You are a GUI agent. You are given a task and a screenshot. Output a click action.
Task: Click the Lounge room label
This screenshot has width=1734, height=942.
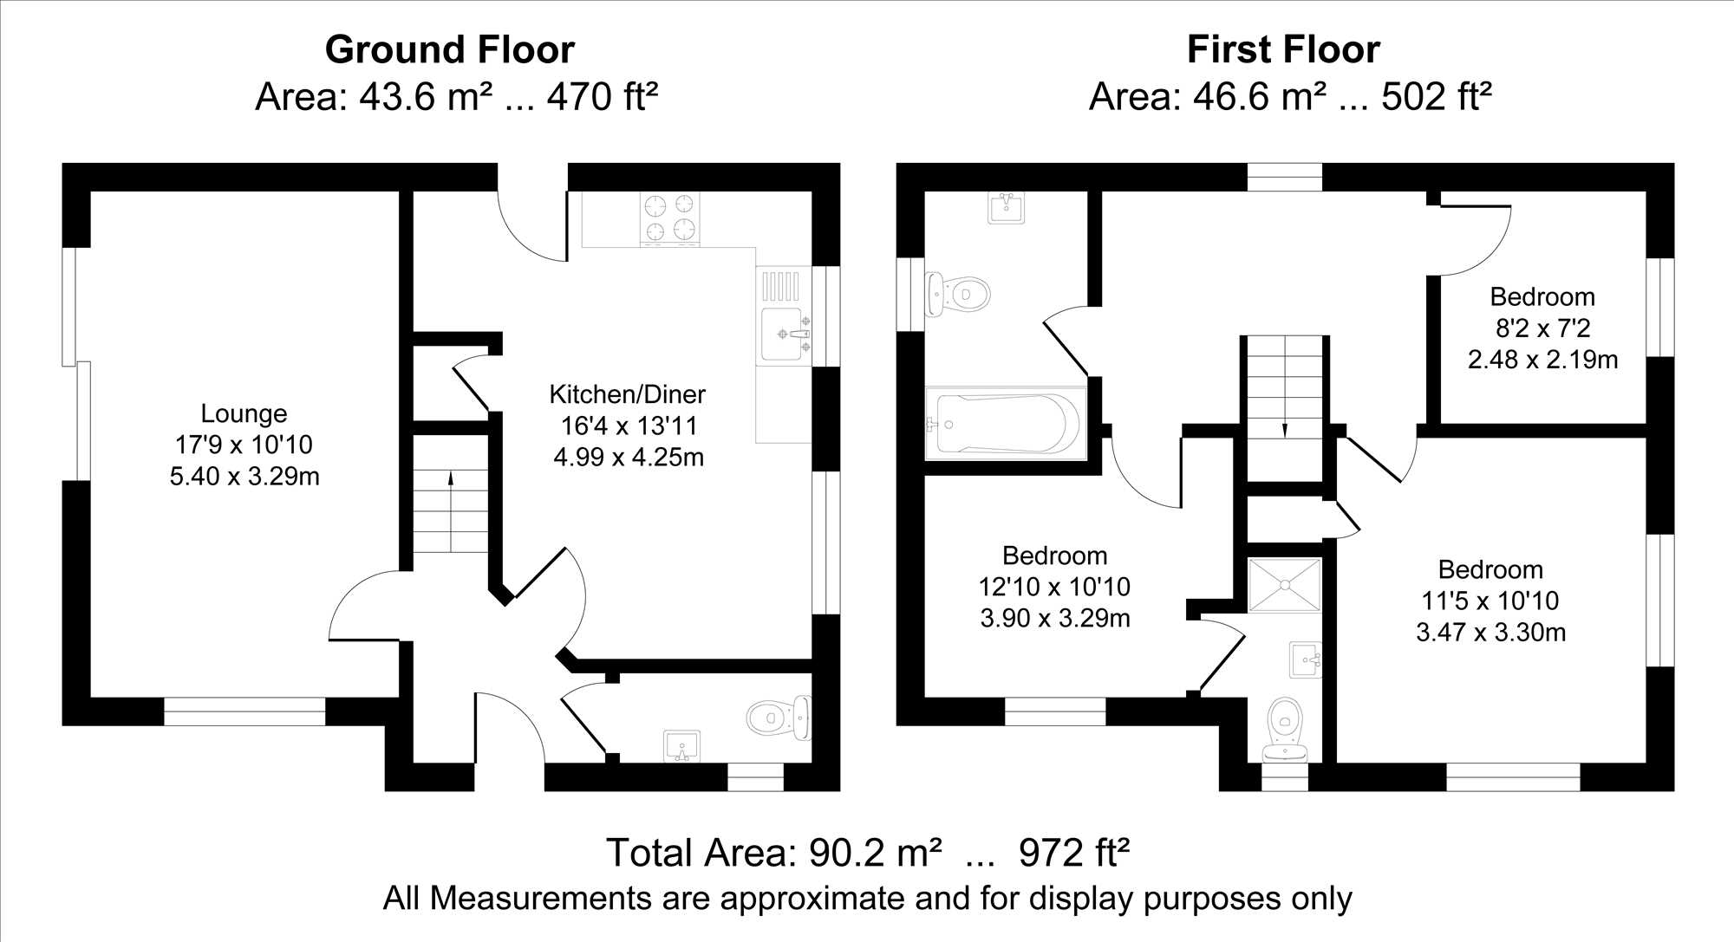244,413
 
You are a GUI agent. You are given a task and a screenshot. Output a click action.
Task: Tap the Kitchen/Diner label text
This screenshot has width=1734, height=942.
628,394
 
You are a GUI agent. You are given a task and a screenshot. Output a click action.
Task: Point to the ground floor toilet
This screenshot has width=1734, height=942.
778,718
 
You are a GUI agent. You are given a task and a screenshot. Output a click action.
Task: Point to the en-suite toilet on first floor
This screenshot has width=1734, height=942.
1285,729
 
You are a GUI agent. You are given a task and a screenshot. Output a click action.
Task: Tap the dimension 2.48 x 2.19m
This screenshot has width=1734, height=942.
1542,360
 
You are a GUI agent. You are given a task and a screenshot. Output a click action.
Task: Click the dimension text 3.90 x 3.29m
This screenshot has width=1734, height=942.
1055,619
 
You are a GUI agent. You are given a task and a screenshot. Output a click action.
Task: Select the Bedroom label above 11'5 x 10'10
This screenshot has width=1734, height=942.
1490,569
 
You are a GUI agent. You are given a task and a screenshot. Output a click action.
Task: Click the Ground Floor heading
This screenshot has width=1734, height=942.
450,49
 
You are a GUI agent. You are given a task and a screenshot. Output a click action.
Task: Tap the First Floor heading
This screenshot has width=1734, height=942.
1283,49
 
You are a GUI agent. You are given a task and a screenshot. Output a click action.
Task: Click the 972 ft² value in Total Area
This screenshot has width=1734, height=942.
1074,853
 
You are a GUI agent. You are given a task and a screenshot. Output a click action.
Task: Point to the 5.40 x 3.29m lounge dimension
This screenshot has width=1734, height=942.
244,477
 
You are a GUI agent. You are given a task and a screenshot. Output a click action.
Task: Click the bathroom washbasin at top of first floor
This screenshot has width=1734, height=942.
1007,207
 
